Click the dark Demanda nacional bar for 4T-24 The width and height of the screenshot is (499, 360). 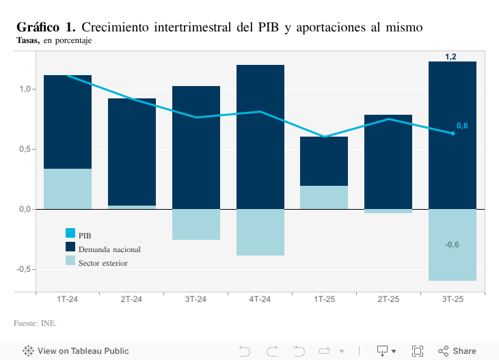tap(260, 137)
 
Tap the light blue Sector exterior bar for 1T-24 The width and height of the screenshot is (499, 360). tap(67, 189)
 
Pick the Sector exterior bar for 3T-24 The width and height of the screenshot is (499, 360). tap(195, 225)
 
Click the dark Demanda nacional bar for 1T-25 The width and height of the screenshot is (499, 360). tap(324, 161)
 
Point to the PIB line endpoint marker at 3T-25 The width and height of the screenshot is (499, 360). tap(453, 133)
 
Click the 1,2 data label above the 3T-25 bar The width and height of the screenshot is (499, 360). tap(451, 57)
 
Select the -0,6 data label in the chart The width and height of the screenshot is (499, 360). tap(452, 245)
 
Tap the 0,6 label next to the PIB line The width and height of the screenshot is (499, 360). tap(462, 126)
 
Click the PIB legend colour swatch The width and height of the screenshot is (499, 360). tap(70, 234)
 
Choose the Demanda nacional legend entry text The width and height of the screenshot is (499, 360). tap(109, 249)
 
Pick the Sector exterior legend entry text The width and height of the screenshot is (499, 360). tap(103, 263)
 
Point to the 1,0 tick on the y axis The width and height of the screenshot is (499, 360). tap(25, 89)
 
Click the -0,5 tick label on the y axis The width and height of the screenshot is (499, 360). tap(24, 269)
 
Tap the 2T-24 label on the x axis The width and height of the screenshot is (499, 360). tap(131, 299)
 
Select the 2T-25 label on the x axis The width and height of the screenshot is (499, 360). tap(388, 299)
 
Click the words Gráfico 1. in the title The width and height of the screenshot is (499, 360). tap(46, 27)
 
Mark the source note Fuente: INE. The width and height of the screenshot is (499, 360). tap(35, 322)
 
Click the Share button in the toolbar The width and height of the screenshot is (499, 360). tap(457, 351)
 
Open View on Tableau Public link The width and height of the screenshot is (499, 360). tap(76, 351)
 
